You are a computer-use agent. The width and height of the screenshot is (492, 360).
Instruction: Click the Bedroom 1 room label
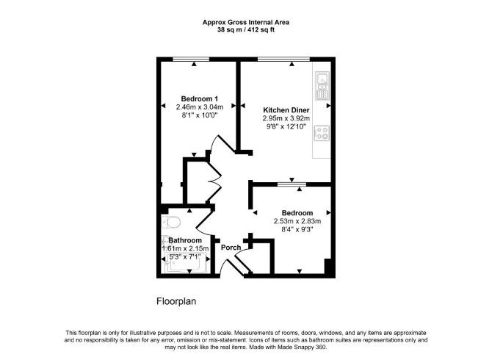[200, 98]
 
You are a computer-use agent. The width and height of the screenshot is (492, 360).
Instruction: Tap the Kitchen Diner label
[286, 110]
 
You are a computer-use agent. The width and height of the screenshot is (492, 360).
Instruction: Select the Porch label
[231, 248]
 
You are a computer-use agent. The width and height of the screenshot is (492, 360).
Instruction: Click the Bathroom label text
[185, 240]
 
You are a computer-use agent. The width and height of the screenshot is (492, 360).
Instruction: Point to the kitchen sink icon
[322, 85]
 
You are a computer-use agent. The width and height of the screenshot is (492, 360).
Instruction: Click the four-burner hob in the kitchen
[322, 132]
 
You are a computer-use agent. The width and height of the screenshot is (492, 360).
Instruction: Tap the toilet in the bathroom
[171, 223]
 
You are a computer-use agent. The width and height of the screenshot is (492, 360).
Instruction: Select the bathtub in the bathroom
[185, 263]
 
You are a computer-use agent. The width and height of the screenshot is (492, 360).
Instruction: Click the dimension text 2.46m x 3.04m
[200, 107]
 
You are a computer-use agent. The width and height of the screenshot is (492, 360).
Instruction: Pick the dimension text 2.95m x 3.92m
[286, 118]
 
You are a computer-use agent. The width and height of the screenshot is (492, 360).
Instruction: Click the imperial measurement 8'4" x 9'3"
[297, 229]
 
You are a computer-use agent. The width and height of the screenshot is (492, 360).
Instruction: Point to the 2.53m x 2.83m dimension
[297, 221]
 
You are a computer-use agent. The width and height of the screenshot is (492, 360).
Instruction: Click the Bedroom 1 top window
[191, 59]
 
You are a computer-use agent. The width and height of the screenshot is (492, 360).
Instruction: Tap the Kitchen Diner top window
[283, 59]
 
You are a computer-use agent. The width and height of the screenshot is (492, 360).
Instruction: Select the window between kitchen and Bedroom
[292, 184]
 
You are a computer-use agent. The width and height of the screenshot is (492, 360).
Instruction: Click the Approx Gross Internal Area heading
[246, 22]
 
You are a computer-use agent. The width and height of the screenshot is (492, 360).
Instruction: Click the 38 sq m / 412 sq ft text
[246, 30]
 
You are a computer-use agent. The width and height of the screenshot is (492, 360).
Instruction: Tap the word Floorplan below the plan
[176, 301]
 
